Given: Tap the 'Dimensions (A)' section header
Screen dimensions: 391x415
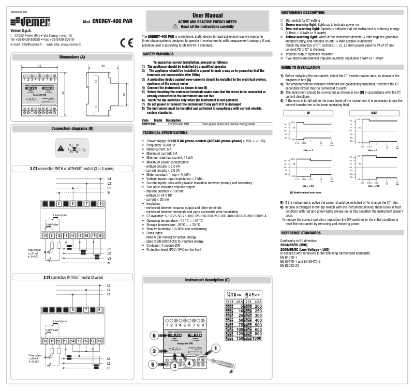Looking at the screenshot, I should [x=69, y=56].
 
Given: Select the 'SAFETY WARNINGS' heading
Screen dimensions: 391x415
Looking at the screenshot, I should [x=161, y=53].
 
